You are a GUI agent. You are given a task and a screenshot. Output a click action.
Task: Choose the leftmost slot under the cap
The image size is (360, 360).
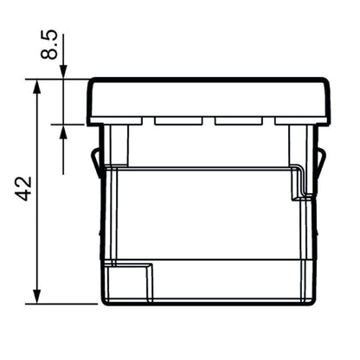[x=117, y=120]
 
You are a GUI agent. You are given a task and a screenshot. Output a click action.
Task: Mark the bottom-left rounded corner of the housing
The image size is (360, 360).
[x=105, y=300]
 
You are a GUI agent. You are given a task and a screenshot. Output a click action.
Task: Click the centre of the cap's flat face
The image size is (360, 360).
[x=209, y=100]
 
